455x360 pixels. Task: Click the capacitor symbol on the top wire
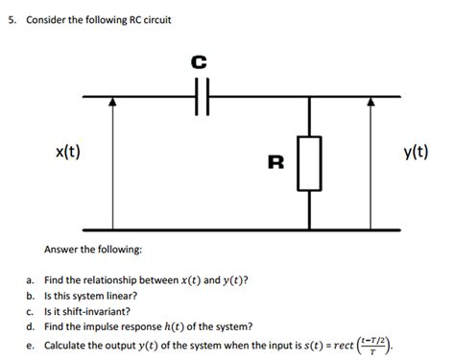[x=200, y=97]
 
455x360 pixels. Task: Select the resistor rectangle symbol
[x=309, y=163]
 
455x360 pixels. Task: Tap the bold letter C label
[x=199, y=62]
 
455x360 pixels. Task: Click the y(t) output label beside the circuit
[x=415, y=153]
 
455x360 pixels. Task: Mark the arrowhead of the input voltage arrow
[x=113, y=103]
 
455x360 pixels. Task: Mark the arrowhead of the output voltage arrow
[x=371, y=103]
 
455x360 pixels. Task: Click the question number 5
[x=11, y=19]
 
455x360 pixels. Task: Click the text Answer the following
[x=93, y=250]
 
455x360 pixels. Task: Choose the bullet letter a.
[x=30, y=279]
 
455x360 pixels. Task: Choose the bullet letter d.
[x=30, y=327]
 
